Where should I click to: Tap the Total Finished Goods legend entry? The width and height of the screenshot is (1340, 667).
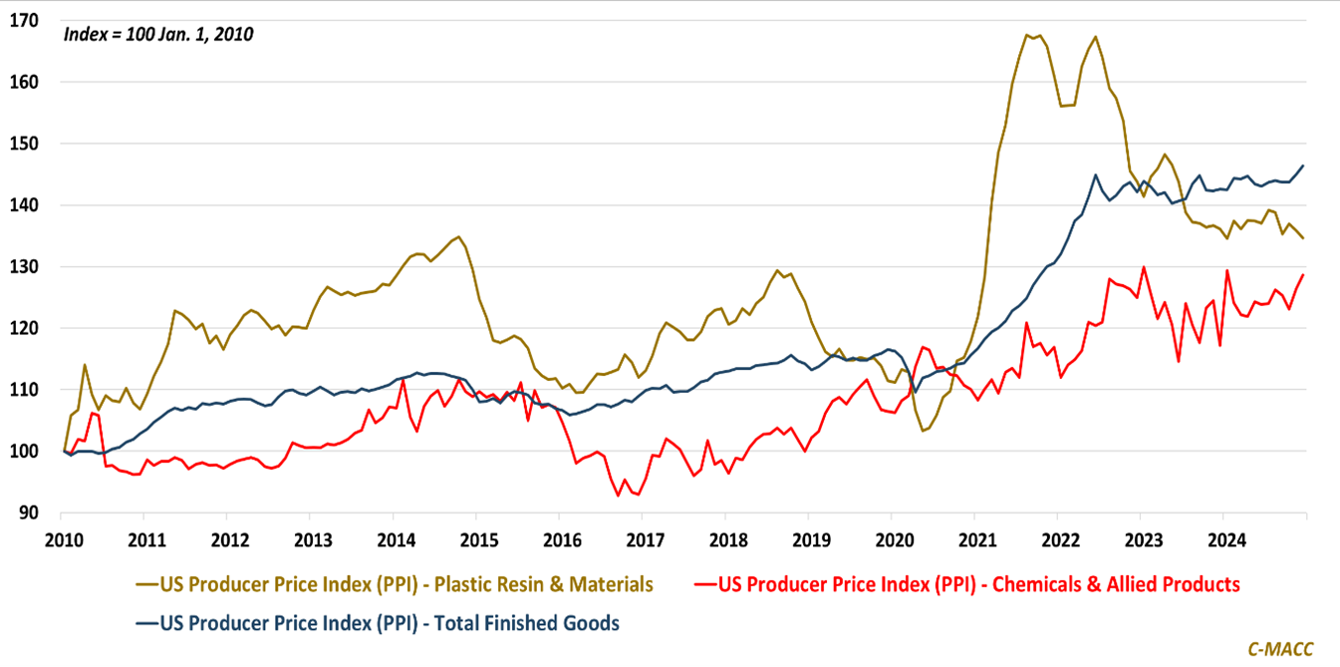pos(377,623)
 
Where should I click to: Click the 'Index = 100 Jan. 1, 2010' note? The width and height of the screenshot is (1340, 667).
pos(158,34)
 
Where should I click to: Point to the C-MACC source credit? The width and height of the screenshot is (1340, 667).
pos(1280,649)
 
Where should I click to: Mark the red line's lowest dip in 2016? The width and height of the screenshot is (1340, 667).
pos(619,496)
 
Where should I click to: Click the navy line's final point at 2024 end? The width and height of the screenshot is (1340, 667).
pos(1304,166)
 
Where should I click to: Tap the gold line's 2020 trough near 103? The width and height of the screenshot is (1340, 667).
pos(923,431)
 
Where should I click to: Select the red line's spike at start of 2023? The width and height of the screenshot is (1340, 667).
pos(1143,267)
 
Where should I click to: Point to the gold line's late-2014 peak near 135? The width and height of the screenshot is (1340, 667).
pos(458,236)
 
